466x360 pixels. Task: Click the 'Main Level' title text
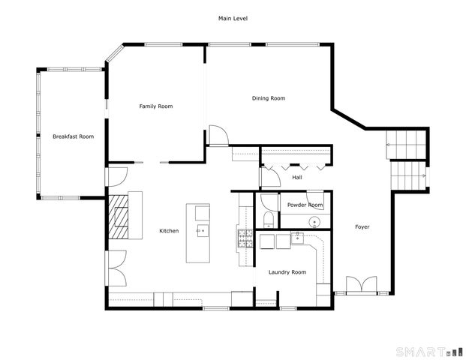pyautogui.click(x=233, y=18)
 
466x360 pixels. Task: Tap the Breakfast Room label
pyautogui.click(x=73, y=136)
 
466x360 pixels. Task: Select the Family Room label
pyautogui.click(x=156, y=106)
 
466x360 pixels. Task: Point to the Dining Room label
pyautogui.click(x=268, y=98)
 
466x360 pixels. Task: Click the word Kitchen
pyautogui.click(x=169, y=231)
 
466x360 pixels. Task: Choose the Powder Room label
pyautogui.click(x=305, y=205)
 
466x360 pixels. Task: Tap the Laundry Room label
pyautogui.click(x=287, y=272)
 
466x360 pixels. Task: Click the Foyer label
pyautogui.click(x=362, y=226)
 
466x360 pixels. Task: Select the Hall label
pyautogui.click(x=297, y=178)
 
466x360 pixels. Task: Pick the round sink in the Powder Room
pyautogui.click(x=315, y=221)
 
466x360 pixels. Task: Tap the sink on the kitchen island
pyautogui.click(x=201, y=230)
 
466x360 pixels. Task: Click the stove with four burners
pyautogui.click(x=245, y=239)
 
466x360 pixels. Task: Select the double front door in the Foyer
pyautogui.click(x=362, y=285)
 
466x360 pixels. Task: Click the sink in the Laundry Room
pyautogui.click(x=297, y=238)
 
